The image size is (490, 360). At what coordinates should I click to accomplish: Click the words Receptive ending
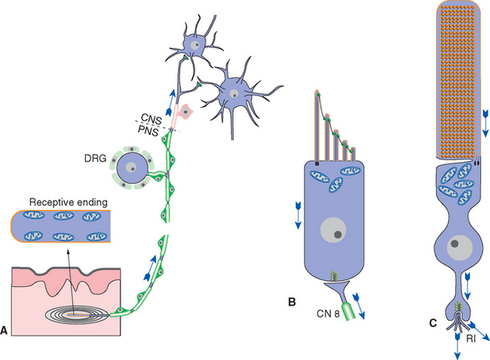point(66,202)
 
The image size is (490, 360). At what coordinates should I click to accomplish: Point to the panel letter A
point(5,330)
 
